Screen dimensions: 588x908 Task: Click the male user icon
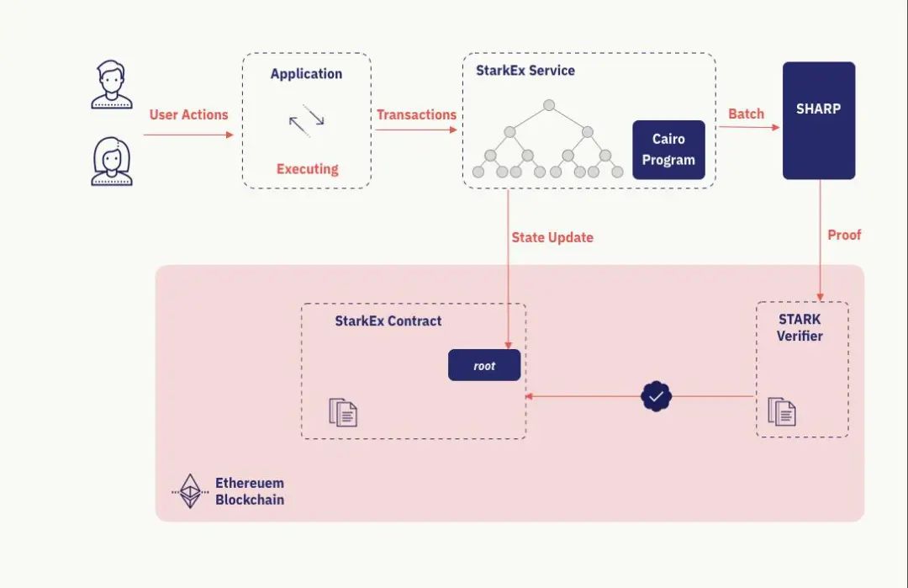click(112, 85)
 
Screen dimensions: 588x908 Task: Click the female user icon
click(112, 162)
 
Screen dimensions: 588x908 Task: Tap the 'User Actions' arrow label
click(188, 114)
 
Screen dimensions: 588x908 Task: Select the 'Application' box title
click(306, 74)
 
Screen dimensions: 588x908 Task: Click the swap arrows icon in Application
click(306, 120)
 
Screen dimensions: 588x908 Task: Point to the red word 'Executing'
click(307, 169)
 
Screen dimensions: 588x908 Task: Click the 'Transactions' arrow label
click(416, 114)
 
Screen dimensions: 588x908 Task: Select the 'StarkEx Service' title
click(525, 71)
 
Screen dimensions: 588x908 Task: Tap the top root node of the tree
click(549, 105)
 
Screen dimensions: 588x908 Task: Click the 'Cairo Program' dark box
click(668, 150)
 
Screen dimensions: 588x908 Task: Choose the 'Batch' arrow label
click(746, 114)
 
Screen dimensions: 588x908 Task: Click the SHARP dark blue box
click(818, 120)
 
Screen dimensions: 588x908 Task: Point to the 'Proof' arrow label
click(844, 235)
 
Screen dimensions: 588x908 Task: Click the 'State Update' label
click(552, 237)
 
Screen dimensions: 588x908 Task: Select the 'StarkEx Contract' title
click(388, 320)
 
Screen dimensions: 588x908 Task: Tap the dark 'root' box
click(484, 365)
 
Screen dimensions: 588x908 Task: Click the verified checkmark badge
click(657, 395)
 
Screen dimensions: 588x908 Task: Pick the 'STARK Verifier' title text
click(800, 327)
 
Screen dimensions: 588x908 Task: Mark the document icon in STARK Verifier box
click(782, 411)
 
